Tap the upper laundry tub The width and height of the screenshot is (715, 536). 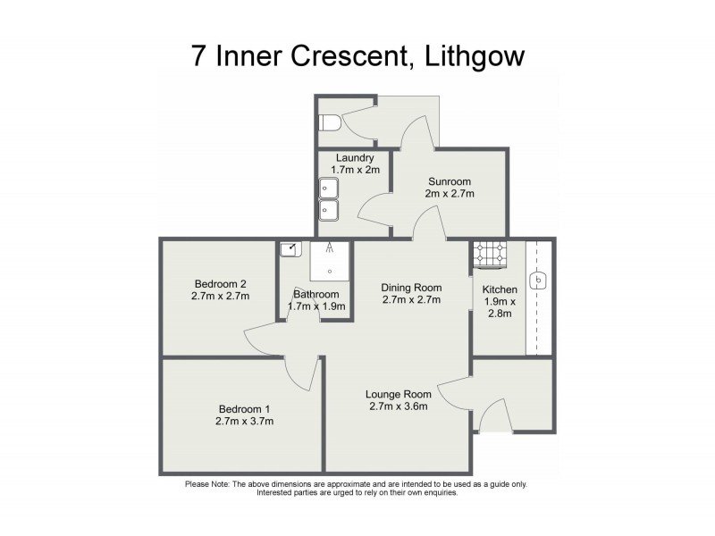(327, 188)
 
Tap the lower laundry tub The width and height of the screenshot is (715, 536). (327, 210)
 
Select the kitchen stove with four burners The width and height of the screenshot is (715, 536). (489, 254)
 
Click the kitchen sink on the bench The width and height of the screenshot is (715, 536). (539, 281)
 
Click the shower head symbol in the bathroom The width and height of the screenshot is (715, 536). (330, 248)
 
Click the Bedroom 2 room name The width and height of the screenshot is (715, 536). (219, 284)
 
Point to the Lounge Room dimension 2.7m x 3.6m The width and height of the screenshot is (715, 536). (398, 406)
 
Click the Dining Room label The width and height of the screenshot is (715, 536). (411, 287)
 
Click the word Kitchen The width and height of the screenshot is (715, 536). (500, 289)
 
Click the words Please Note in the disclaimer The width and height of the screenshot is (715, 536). (207, 484)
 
